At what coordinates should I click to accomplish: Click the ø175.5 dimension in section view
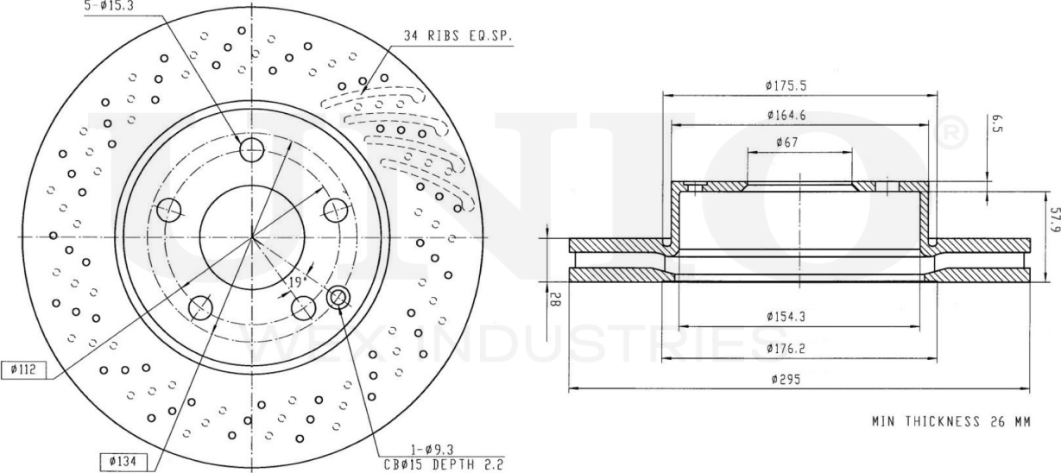click(x=791, y=85)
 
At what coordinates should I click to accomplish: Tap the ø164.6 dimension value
click(x=791, y=115)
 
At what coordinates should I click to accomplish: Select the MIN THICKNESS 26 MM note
click(x=951, y=422)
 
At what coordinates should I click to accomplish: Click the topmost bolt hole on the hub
click(x=251, y=150)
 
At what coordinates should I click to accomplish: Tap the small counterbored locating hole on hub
click(x=339, y=299)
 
